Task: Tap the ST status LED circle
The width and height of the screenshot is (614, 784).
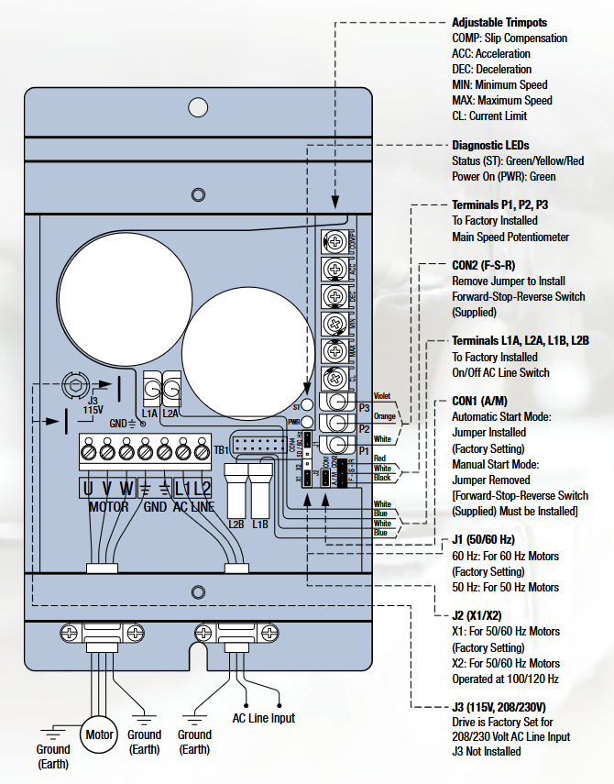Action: (x=309, y=403)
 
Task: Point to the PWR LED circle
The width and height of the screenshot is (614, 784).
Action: (x=309, y=422)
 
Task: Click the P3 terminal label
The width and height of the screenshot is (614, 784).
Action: (x=364, y=407)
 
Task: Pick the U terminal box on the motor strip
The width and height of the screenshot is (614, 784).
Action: (x=88, y=488)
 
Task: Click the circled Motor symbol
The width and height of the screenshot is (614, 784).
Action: (x=99, y=734)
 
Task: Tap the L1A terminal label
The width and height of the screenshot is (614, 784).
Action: (x=149, y=414)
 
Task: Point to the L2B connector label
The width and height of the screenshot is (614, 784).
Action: (x=236, y=524)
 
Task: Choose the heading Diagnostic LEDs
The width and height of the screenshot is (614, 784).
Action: (x=490, y=145)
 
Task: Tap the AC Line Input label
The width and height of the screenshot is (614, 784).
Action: (x=264, y=718)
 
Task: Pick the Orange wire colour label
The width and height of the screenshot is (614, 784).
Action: (x=384, y=416)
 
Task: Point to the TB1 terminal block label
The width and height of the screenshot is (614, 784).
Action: (x=221, y=450)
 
